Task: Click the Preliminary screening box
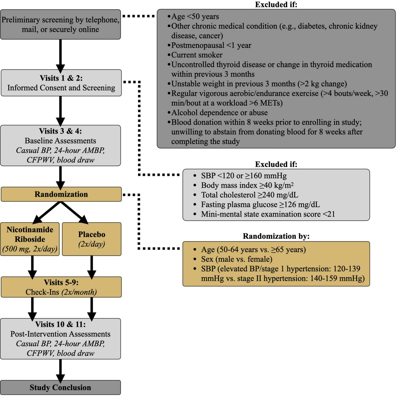(x=60, y=24)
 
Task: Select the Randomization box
(x=61, y=194)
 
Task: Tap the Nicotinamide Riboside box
(x=30, y=239)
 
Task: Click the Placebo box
(x=92, y=239)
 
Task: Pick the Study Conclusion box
(x=60, y=388)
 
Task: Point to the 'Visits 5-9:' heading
(x=61, y=283)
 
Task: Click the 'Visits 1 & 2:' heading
(x=61, y=78)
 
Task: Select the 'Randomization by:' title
(x=276, y=236)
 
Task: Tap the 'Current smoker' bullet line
(x=197, y=55)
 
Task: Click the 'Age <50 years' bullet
(x=195, y=16)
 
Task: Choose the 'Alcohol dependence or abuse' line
(x=219, y=113)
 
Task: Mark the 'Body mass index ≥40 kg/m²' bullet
(x=247, y=185)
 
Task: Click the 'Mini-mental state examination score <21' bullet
(x=268, y=214)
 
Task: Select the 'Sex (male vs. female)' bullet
(x=236, y=259)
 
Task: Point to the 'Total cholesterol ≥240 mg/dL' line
(x=249, y=195)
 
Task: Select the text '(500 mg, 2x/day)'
(x=30, y=249)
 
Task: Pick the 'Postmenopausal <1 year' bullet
(x=211, y=45)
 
